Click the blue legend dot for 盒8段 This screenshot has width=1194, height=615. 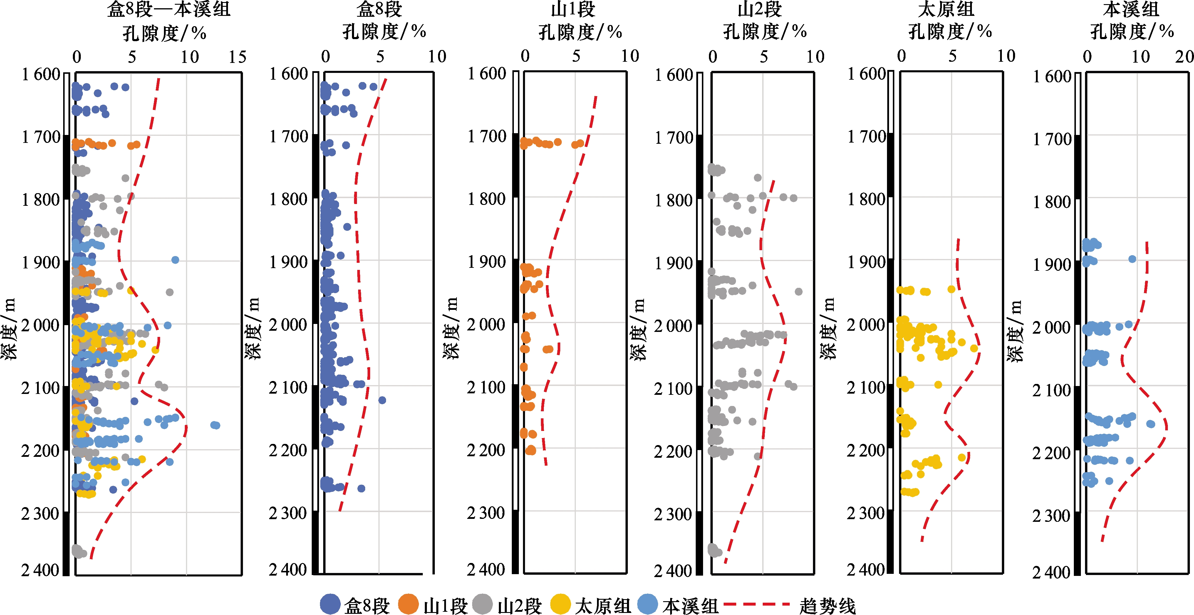[330, 604]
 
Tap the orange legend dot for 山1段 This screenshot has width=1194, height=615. [408, 604]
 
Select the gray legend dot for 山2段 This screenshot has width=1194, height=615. [482, 604]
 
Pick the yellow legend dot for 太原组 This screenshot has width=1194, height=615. [560, 604]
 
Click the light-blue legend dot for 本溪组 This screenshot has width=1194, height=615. [648, 604]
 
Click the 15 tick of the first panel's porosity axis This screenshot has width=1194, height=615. [237, 57]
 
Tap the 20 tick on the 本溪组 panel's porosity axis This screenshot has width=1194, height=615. [1184, 57]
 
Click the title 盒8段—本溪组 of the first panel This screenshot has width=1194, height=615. [169, 10]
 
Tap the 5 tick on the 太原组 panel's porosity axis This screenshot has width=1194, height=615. [952, 56]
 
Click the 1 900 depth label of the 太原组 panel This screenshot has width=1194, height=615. [866, 263]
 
